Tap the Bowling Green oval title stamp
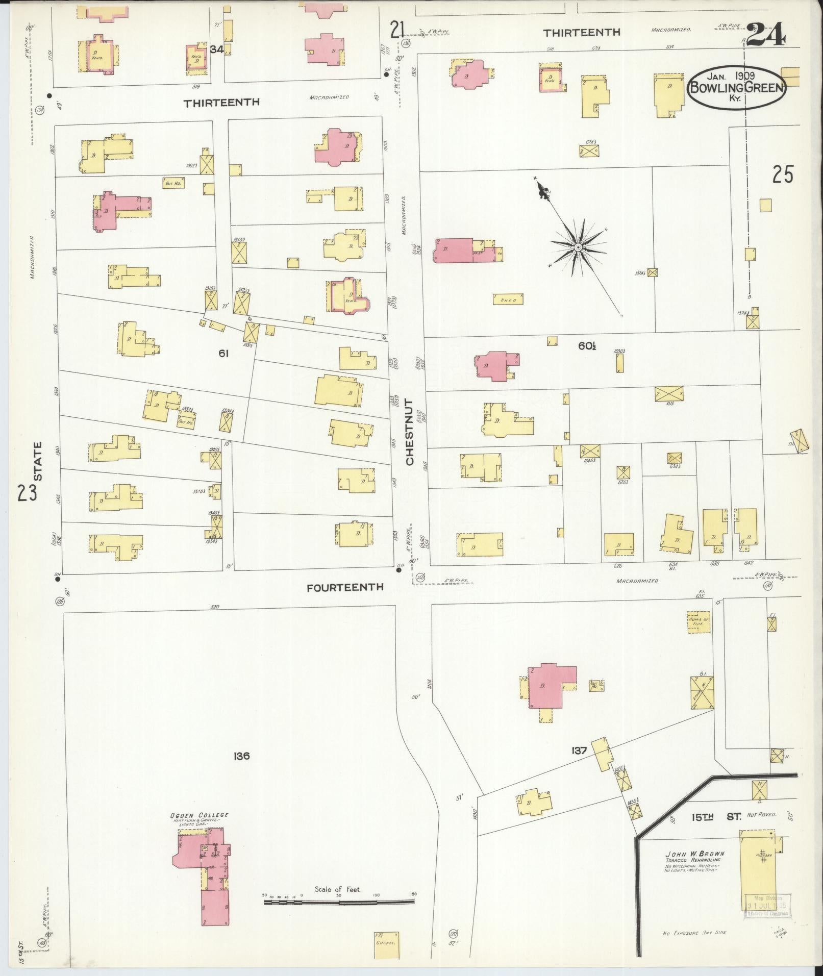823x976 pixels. pyautogui.click(x=737, y=87)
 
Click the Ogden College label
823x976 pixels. pyautogui.click(x=199, y=815)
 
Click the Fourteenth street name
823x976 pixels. pyautogui.click(x=345, y=587)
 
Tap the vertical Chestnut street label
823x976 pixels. pyautogui.click(x=410, y=432)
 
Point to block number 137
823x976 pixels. pyautogui.click(x=580, y=750)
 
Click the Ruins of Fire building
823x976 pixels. pyautogui.click(x=699, y=621)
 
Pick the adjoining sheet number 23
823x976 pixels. pyautogui.click(x=27, y=493)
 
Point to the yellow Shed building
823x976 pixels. pyautogui.click(x=508, y=300)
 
